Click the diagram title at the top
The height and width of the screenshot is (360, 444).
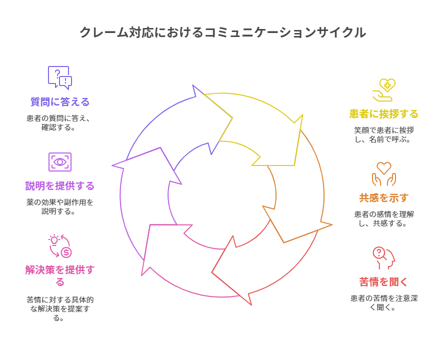point(222,32)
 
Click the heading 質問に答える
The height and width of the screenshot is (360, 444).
point(60,102)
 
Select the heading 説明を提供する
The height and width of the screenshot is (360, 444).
point(60,186)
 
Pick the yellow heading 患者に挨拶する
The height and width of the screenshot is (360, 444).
point(383,114)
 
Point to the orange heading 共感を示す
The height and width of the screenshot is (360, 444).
point(383,198)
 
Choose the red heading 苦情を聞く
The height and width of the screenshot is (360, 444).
point(383,282)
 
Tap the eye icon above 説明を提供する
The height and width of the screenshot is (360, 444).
point(60,162)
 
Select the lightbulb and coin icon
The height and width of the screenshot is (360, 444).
point(60,246)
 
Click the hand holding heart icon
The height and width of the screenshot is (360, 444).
point(383,90)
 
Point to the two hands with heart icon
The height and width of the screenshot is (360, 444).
point(383,174)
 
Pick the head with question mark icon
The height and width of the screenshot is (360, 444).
point(383,258)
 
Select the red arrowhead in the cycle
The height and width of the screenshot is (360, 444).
point(232,270)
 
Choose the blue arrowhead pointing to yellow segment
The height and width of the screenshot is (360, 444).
point(210,120)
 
